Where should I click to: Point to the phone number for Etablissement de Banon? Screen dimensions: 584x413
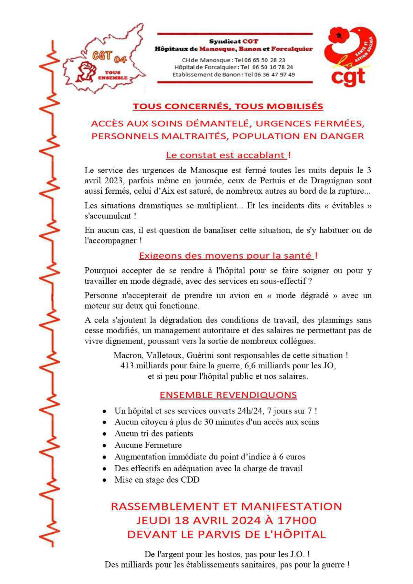pyautogui.click(x=274, y=75)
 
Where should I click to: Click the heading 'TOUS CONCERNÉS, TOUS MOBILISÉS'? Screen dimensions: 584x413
pyautogui.click(x=228, y=106)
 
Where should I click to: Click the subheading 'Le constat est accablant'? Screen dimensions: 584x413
pyautogui.click(x=226, y=155)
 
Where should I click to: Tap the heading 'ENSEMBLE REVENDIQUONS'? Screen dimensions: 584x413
pyautogui.click(x=228, y=395)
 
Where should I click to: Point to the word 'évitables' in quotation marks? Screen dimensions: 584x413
pyautogui.click(x=350, y=206)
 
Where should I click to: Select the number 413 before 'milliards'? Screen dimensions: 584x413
pyautogui.click(x=127, y=366)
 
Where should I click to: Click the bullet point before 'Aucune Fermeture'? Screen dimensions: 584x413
pyautogui.click(x=104, y=446)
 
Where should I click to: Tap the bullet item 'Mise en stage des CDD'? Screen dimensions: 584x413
pyautogui.click(x=157, y=480)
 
